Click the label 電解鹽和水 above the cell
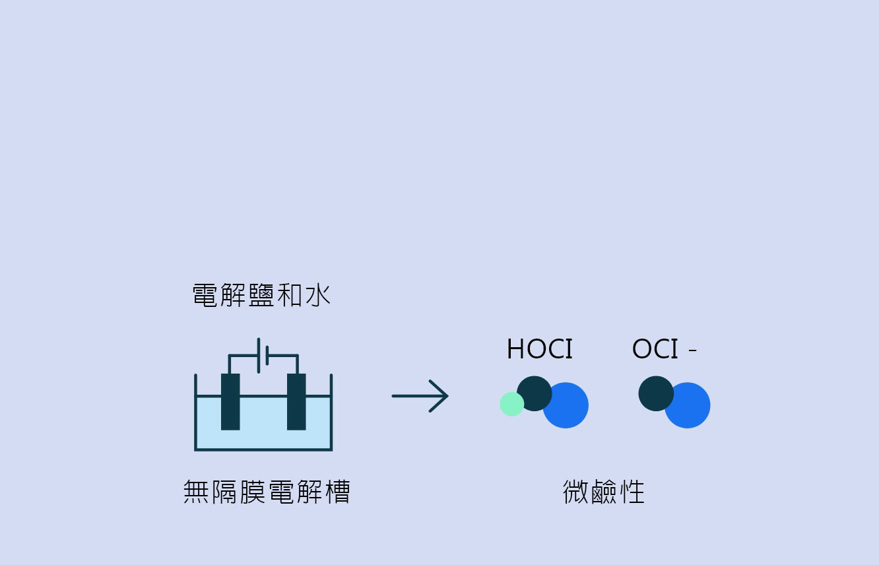[261, 295]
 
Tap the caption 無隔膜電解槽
[267, 491]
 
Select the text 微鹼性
[604, 491]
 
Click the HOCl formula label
[540, 349]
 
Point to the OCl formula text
[655, 349]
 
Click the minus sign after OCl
[693, 349]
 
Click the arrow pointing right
[420, 396]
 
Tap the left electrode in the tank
[230, 402]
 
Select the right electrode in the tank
[296, 402]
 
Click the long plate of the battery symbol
[259, 356]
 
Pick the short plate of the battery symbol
[267, 356]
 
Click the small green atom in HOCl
[511, 404]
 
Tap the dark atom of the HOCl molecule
[534, 393]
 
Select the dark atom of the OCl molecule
[656, 393]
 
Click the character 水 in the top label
[318, 295]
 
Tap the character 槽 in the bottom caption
[337, 491]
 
